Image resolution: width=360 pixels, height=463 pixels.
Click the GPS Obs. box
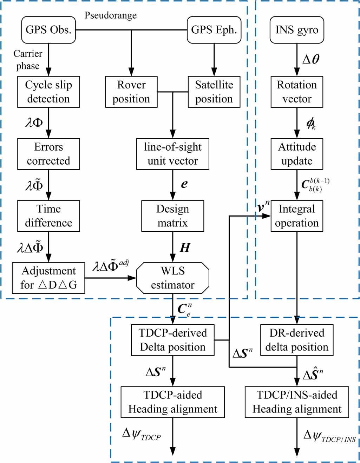coord(48,30)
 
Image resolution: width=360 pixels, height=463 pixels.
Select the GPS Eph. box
coord(214,30)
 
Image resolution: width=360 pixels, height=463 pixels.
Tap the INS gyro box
coord(297,30)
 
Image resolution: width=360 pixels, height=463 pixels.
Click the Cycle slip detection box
coord(48,92)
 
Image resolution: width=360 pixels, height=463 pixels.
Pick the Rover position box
coord(131,92)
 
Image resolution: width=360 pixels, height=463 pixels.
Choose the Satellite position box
coord(214,92)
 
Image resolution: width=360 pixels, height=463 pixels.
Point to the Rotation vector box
coord(297,92)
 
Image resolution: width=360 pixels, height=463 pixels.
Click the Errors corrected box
coord(48,154)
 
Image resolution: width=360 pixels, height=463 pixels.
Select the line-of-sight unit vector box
coord(172,154)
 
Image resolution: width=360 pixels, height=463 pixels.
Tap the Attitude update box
coord(297,154)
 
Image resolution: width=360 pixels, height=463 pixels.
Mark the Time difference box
coord(48,216)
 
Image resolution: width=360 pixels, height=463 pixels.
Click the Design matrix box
coord(172,216)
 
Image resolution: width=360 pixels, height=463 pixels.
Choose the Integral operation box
coord(297,216)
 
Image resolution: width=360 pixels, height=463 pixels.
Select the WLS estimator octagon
coord(172,278)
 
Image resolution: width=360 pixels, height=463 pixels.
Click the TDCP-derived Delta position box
coord(172,340)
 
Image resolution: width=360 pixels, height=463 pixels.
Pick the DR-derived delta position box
coord(297,340)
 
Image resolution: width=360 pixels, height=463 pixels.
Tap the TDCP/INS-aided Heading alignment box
coord(297,402)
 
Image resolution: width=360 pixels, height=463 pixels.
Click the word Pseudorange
coord(111,15)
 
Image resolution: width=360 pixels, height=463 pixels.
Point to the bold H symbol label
coord(185,248)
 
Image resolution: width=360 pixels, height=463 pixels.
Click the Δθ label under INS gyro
coord(311,59)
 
